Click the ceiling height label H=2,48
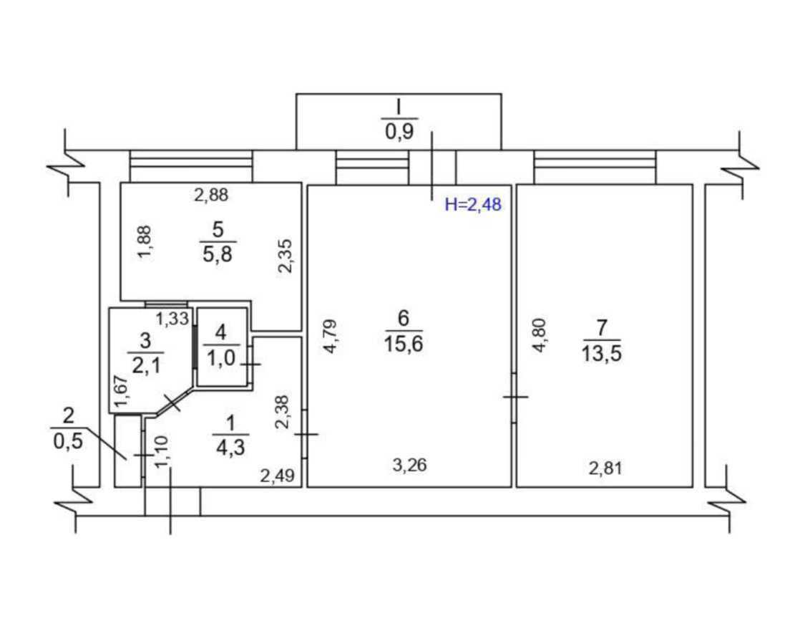[473, 205]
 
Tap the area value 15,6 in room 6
[404, 344]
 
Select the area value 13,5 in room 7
[602, 354]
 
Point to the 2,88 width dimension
[211, 195]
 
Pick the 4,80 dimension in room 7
[539, 335]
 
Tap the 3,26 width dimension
[409, 465]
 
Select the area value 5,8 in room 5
[218, 254]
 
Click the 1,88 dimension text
[145, 242]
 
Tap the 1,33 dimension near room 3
[172, 319]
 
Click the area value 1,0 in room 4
[221, 357]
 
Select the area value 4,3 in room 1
[230, 448]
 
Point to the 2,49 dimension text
[277, 476]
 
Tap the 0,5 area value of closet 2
[68, 441]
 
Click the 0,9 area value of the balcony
[399, 132]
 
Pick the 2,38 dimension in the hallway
[283, 411]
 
